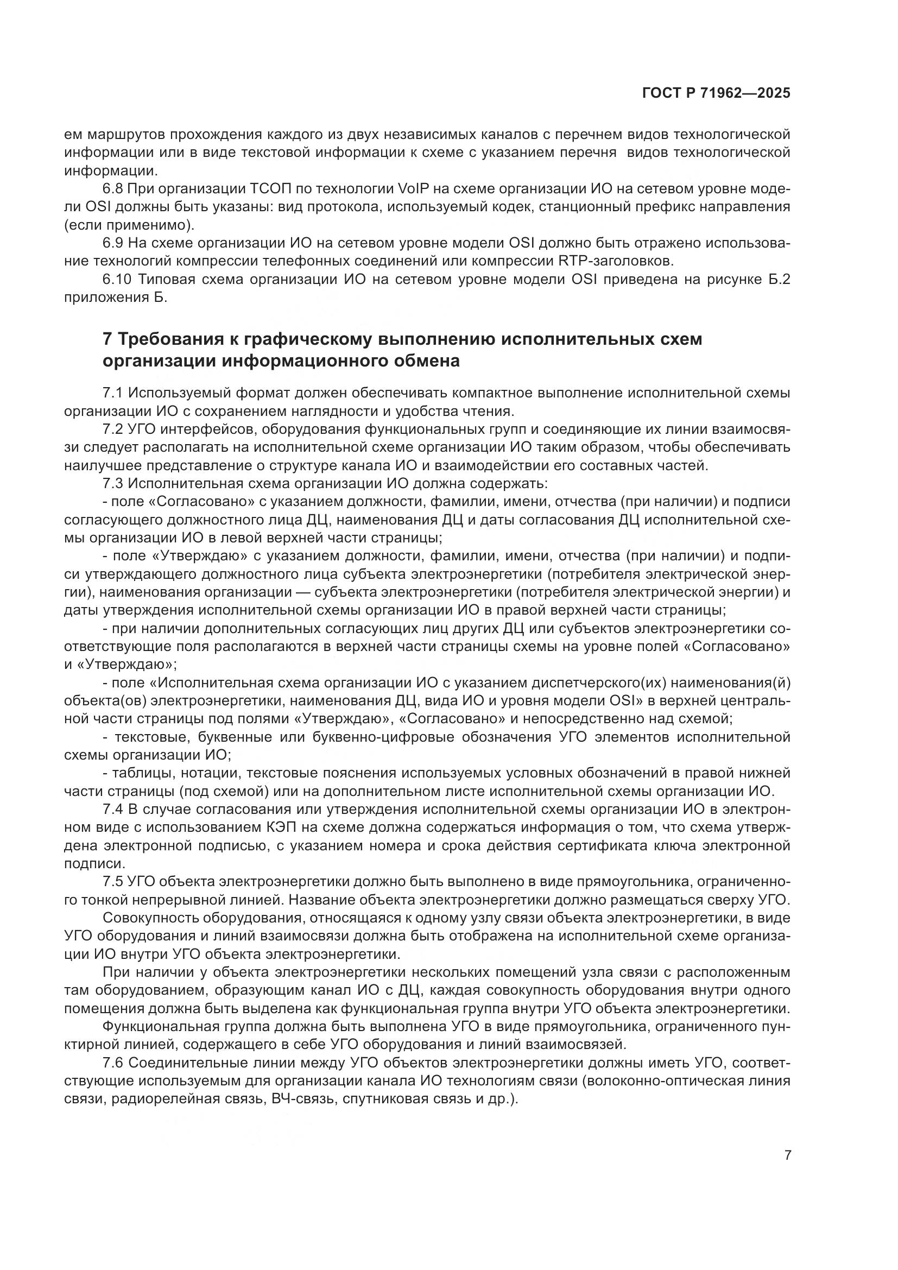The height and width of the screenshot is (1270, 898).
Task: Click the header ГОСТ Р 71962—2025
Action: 716,93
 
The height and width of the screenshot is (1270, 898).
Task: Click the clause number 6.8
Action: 113,189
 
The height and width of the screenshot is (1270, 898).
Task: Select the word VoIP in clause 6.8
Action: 413,189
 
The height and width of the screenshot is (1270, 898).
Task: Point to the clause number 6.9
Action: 113,243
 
